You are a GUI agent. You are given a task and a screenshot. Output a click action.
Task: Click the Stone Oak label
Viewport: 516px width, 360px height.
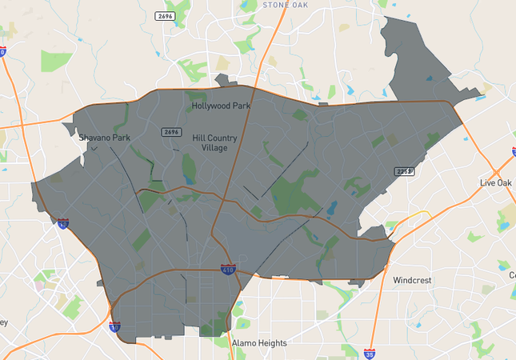pyautogui.click(x=285, y=5)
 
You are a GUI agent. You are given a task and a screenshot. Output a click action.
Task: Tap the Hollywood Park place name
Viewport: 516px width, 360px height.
pyautogui.click(x=221, y=106)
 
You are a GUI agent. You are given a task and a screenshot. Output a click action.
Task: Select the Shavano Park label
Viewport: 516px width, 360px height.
pyautogui.click(x=104, y=137)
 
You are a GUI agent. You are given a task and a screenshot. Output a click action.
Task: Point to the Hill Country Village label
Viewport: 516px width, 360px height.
pyautogui.click(x=215, y=142)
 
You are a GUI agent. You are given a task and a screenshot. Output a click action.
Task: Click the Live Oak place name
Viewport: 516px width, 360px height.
pyautogui.click(x=495, y=183)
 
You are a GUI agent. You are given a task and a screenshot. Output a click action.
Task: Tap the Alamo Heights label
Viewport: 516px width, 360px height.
pyautogui.click(x=259, y=343)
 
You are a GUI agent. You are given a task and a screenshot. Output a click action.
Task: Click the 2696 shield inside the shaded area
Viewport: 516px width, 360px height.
pyautogui.click(x=171, y=132)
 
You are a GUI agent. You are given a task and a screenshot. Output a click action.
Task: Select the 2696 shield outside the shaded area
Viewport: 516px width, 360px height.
pyautogui.click(x=165, y=15)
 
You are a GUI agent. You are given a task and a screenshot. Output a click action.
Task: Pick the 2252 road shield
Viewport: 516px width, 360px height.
pyautogui.click(x=403, y=171)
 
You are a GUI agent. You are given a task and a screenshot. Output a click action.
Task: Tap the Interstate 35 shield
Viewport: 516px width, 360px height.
pyautogui.click(x=369, y=352)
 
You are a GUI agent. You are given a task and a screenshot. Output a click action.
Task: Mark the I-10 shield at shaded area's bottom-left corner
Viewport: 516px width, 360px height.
pyautogui.click(x=115, y=326)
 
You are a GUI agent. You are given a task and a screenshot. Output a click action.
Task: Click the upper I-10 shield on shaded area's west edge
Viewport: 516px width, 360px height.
pyautogui.click(x=62, y=224)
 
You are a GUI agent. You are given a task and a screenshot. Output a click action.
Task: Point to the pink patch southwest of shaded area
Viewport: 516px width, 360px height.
pyautogui.click(x=39, y=284)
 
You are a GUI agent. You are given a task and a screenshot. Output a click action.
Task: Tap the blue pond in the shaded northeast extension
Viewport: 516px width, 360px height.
pyautogui.click(x=430, y=78)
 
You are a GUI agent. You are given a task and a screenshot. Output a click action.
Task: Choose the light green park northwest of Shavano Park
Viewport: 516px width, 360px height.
pyautogui.click(x=56, y=61)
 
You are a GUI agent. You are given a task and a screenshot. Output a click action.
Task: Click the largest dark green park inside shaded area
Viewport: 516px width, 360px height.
pyautogui.click(x=293, y=194)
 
